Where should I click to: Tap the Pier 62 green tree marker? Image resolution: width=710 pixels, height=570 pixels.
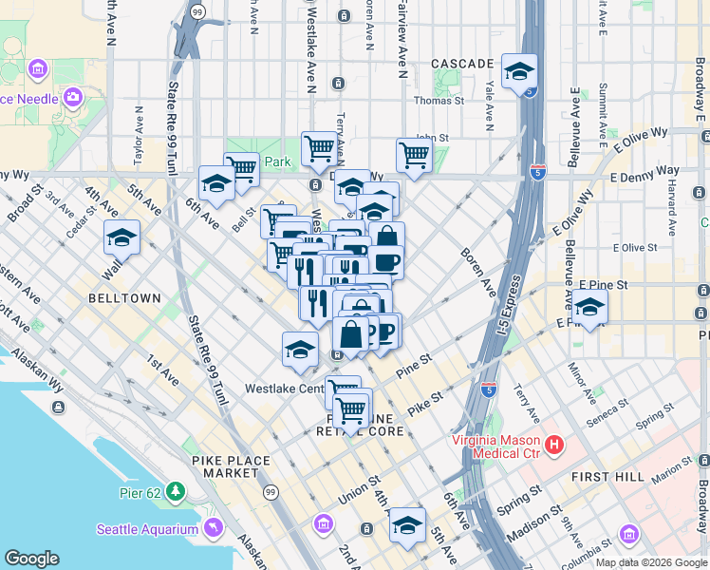click(176, 490)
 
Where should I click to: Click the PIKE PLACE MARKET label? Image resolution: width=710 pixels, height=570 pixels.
click(231, 467)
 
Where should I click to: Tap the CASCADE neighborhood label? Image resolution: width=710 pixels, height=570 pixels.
click(462, 64)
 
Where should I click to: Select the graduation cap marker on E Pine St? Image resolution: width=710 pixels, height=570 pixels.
click(589, 308)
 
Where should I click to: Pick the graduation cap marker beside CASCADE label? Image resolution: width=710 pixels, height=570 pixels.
click(520, 71)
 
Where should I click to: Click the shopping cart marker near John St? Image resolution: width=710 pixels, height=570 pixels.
click(414, 154)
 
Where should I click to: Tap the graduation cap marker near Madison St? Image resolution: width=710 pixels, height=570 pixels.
click(407, 524)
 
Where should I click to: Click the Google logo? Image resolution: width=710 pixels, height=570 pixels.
click(31, 559)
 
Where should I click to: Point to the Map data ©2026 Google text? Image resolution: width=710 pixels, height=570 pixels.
click(652, 562)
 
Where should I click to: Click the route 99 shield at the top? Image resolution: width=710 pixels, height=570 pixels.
click(196, 11)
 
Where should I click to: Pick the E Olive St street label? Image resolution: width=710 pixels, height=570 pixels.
click(635, 248)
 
